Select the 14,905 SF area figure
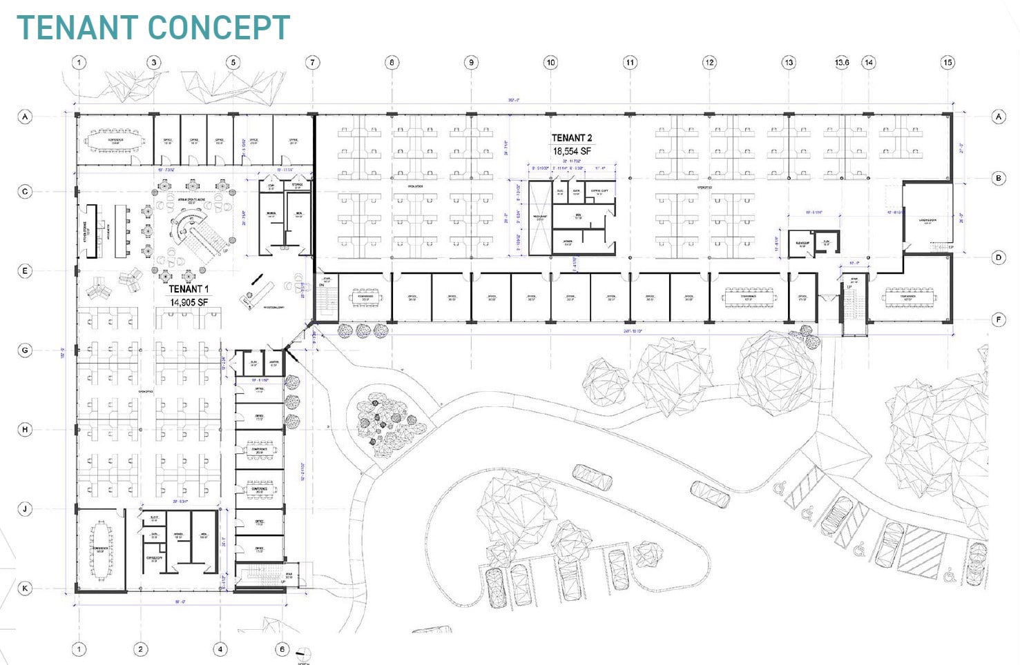189,302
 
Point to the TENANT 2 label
571,138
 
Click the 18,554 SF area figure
571,151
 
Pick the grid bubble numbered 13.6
842,62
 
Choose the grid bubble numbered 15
947,62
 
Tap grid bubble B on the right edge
999,178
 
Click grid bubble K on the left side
26,588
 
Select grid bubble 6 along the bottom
282,649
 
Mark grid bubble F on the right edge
999,319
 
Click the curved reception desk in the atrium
186,228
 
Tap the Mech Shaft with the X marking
539,217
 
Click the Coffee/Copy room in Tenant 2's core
599,192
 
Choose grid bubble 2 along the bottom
141,649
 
